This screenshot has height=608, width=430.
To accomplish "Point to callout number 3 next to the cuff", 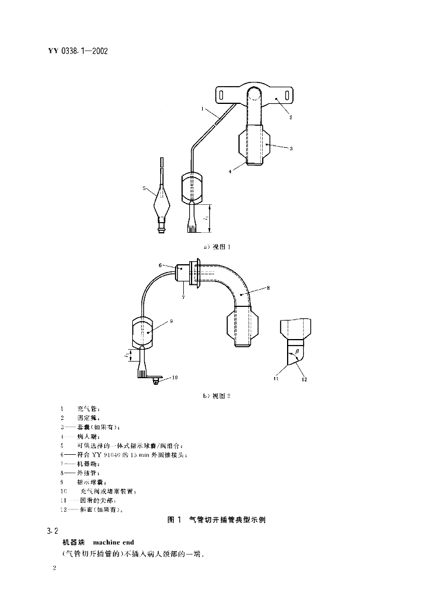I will coord(291,149).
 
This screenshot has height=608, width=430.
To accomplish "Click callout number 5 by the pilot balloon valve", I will coord(144,188).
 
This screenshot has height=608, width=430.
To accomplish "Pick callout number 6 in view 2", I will coord(160,265).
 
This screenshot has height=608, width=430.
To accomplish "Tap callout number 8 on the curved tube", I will coord(268,288).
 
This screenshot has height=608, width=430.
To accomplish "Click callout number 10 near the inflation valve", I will coord(175,377).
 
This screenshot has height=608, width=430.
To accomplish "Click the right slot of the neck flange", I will coord(284,94).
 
